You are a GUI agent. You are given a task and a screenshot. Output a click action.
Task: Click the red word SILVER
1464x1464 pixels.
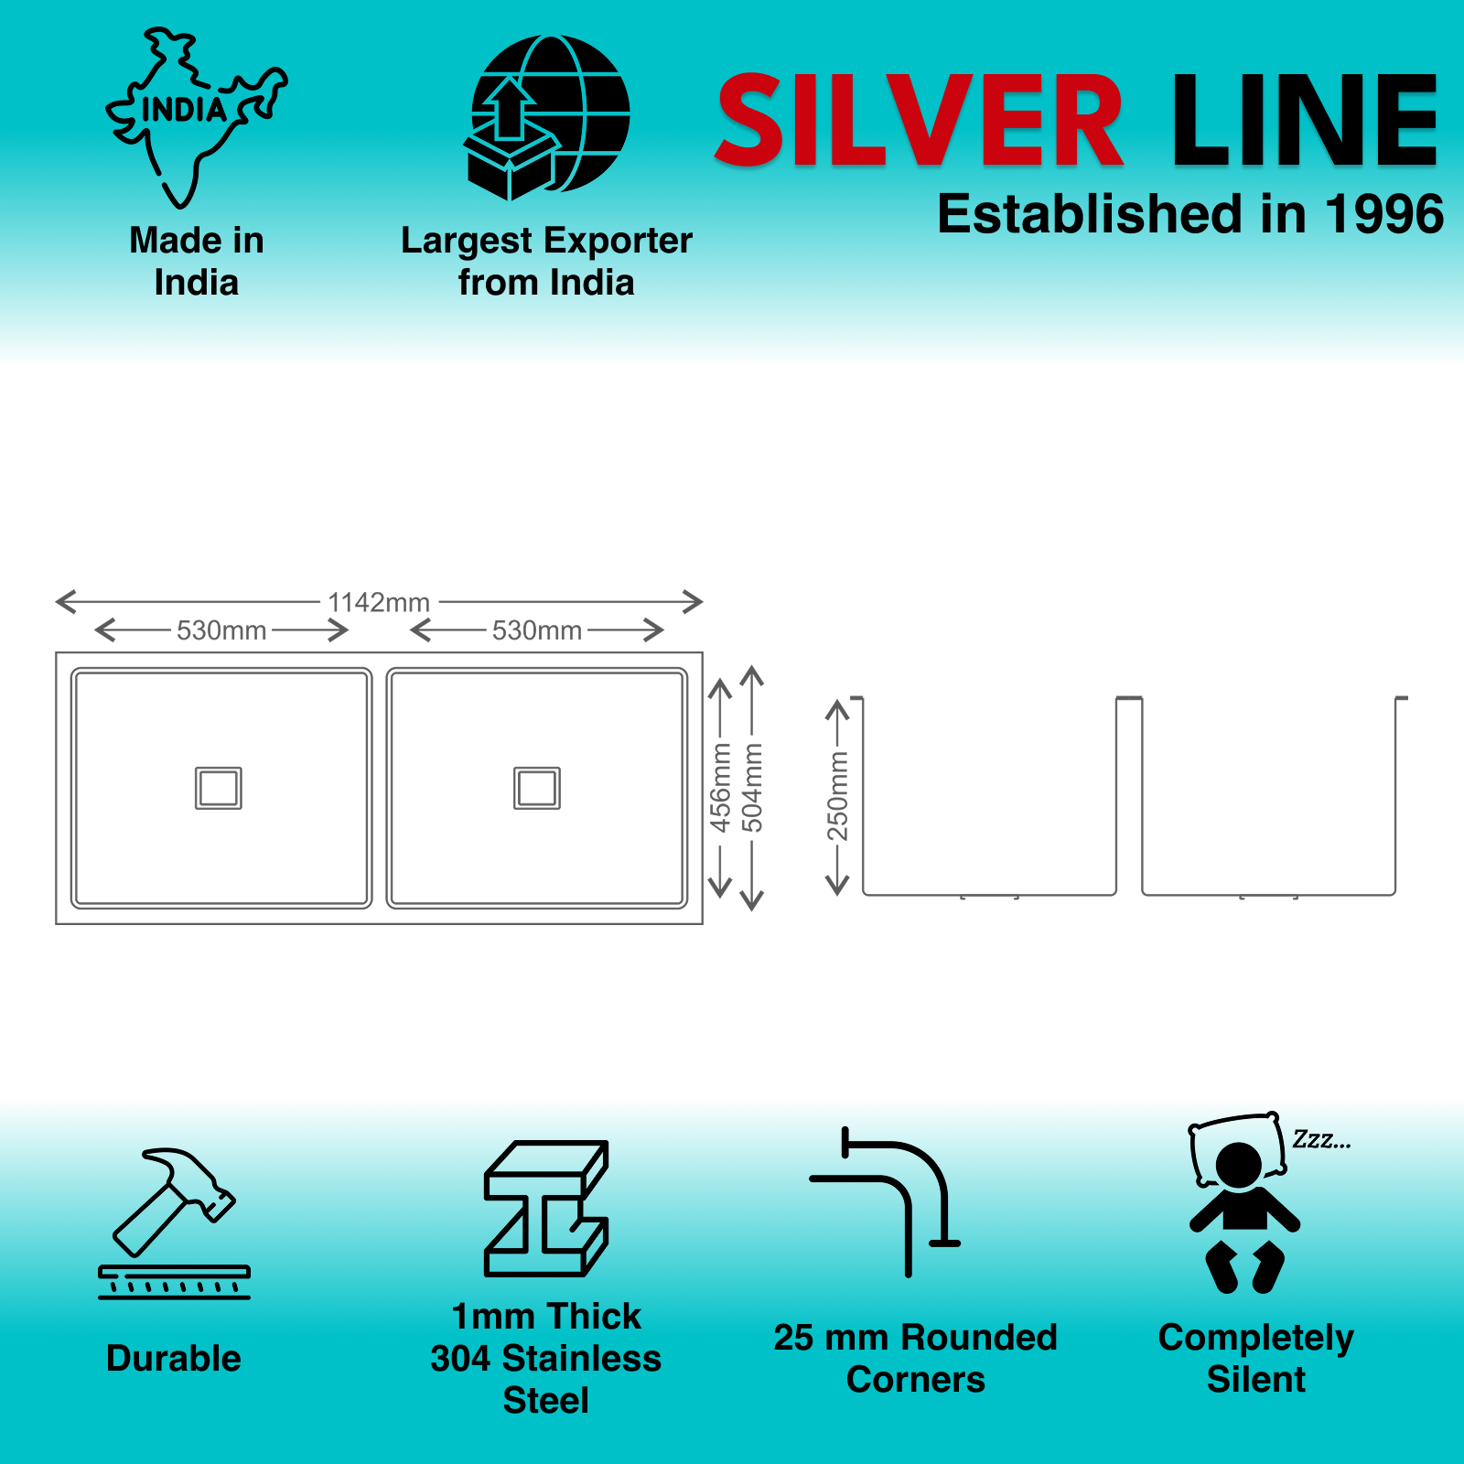pos(919,121)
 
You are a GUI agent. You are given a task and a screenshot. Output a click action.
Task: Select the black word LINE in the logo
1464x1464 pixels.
pos(1305,121)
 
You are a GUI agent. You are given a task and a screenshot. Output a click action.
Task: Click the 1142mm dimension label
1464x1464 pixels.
pos(379,602)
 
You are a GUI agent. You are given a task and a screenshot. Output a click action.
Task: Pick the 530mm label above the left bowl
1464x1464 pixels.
pos(221,630)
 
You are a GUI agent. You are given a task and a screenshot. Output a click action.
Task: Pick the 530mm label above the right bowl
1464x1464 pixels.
pos(537,630)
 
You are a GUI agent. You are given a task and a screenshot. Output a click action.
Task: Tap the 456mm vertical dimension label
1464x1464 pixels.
pos(721,787)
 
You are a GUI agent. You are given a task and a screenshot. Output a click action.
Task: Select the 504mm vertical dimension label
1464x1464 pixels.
pos(752,787)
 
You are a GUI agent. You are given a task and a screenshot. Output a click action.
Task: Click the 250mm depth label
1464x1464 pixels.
pos(838,795)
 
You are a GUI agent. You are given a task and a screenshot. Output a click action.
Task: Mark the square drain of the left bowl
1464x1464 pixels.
pos(219,788)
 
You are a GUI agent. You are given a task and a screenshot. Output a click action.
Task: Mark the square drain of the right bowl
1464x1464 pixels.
pos(537,788)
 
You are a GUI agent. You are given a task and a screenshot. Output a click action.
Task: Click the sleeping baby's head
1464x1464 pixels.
pos(1239,1165)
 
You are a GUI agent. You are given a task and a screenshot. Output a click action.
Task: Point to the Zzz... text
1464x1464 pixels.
pos(1321,1140)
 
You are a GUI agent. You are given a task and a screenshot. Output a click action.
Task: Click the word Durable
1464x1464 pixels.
pos(174,1359)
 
